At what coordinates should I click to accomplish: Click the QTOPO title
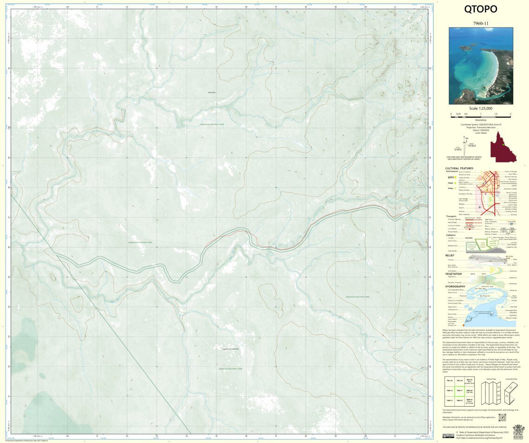point(480,9)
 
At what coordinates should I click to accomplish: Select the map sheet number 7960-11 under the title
point(480,23)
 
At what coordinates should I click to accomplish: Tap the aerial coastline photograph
point(481,66)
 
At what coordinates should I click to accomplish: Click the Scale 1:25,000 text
point(480,108)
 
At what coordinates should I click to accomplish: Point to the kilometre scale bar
point(481,114)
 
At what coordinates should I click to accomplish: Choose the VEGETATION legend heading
point(453,274)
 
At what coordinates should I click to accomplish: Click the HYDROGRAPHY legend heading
point(455,286)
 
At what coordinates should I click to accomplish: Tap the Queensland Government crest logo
point(518,431)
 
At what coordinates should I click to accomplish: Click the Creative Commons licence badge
point(448,436)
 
